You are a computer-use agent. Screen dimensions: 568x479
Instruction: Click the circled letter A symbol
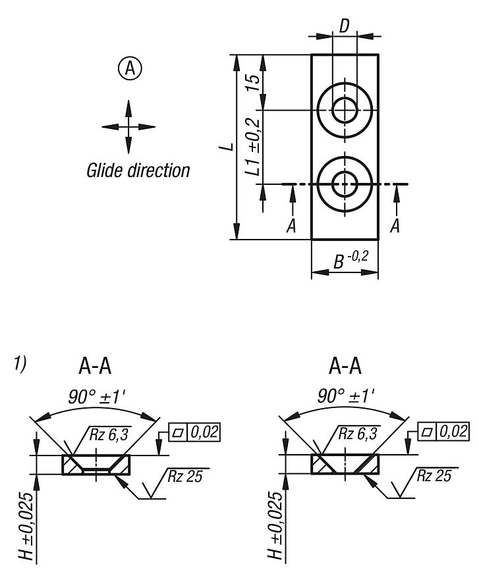click(x=128, y=68)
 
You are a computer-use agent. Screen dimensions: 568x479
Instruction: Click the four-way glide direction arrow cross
click(x=128, y=126)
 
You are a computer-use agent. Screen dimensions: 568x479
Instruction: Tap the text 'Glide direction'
click(x=138, y=171)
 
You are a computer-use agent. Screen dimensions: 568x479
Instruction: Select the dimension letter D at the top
click(x=345, y=26)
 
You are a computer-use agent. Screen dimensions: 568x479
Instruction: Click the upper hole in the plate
click(x=345, y=109)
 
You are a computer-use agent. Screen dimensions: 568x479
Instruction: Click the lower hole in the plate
click(x=345, y=184)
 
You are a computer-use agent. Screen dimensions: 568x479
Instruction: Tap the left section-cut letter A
click(x=291, y=226)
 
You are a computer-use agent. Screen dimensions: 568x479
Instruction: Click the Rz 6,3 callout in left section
click(x=103, y=432)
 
